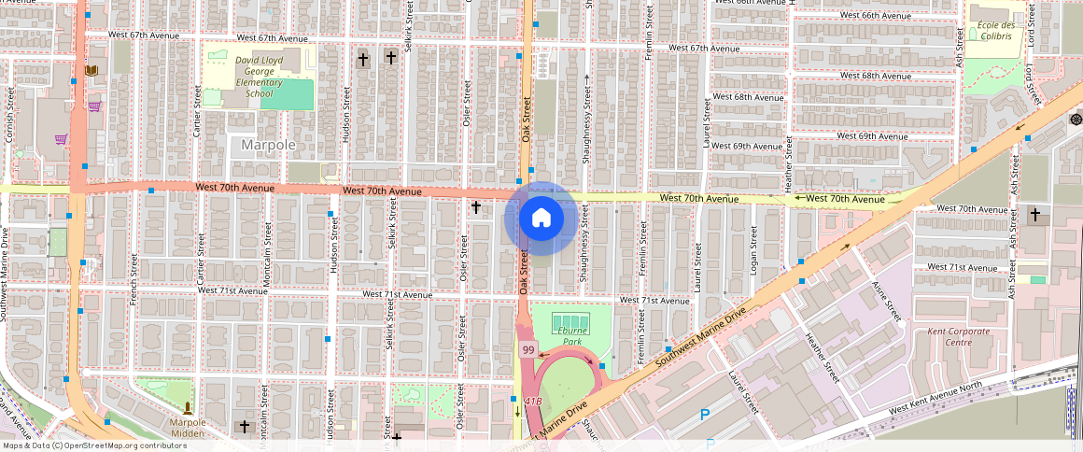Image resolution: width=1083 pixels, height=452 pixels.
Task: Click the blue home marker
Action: (541, 219)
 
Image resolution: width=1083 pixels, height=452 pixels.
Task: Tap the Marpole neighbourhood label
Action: (268, 145)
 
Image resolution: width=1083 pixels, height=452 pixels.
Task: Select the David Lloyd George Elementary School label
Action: (260, 77)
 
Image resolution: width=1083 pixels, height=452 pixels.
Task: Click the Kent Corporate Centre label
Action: (959, 337)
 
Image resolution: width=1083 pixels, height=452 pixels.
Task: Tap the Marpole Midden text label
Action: (188, 427)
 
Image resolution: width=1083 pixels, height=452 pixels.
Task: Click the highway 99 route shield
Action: (528, 350)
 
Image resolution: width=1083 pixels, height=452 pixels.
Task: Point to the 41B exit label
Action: (533, 401)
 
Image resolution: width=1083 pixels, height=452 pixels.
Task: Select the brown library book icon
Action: (91, 70)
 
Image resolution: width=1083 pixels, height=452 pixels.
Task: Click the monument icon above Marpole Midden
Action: (188, 407)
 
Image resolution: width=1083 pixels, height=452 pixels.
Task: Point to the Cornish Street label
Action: (9, 115)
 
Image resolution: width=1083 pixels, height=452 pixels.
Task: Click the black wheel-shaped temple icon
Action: (1076, 120)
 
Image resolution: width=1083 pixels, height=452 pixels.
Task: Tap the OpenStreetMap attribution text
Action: (94, 445)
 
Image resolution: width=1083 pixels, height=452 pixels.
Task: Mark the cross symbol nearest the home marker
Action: (476, 206)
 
